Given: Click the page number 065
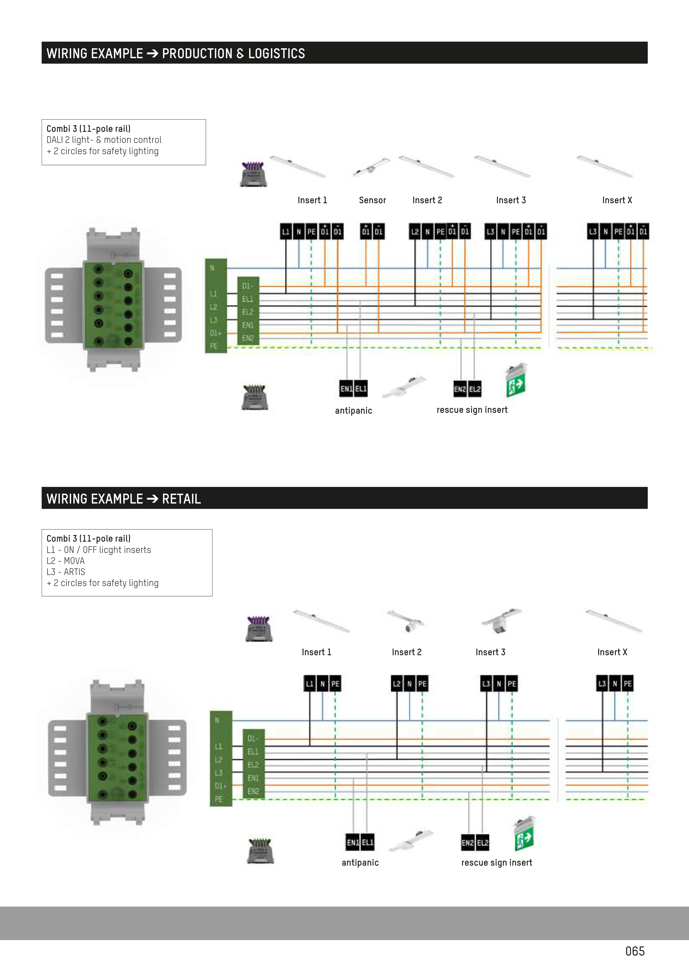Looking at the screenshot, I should pos(635,951).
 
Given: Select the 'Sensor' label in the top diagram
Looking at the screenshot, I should pos(372,200).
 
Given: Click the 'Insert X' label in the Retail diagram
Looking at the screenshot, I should pos(612,652).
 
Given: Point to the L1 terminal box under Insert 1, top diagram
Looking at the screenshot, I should pos(286,232).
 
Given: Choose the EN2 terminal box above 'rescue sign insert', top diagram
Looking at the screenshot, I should pos(460,389).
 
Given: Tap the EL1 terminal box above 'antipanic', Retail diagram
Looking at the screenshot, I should pos(368,842).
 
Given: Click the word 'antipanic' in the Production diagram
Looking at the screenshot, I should pos(353,411).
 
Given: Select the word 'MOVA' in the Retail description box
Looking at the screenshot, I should pos(74,561).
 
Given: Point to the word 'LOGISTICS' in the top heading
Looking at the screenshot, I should pos(276,53).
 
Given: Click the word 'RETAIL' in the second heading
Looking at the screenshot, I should pos(181,499).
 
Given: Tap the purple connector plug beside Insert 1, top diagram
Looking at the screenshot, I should pos(253,174).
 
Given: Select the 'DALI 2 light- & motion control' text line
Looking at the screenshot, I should pos(104,140).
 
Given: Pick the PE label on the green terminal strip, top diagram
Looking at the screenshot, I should pos(213,346).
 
